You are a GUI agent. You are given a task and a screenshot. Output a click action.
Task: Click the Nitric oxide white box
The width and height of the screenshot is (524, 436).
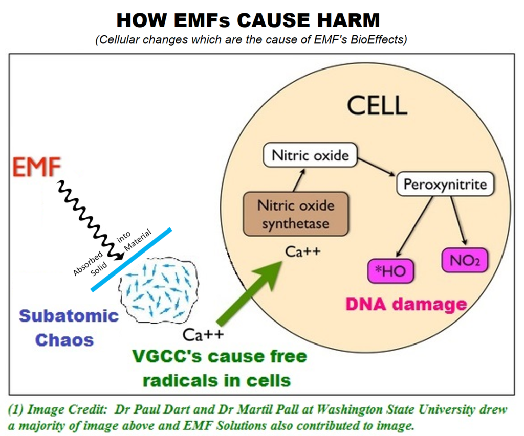[310, 155]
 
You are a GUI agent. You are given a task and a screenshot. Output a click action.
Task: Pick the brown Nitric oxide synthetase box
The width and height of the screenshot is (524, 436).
[295, 214]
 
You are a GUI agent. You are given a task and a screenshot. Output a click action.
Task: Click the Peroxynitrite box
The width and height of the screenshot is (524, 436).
[445, 184]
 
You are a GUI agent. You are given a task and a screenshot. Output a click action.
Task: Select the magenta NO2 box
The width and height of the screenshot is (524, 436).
[464, 261]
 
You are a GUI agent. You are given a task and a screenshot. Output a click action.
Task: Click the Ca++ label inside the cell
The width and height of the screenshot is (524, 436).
[303, 251]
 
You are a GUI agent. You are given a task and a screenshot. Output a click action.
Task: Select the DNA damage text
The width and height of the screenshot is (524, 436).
[406, 305]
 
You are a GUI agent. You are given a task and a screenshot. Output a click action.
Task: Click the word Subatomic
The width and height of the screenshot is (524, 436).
[69, 315]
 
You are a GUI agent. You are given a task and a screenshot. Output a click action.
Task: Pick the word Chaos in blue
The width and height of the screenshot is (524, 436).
[64, 339]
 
